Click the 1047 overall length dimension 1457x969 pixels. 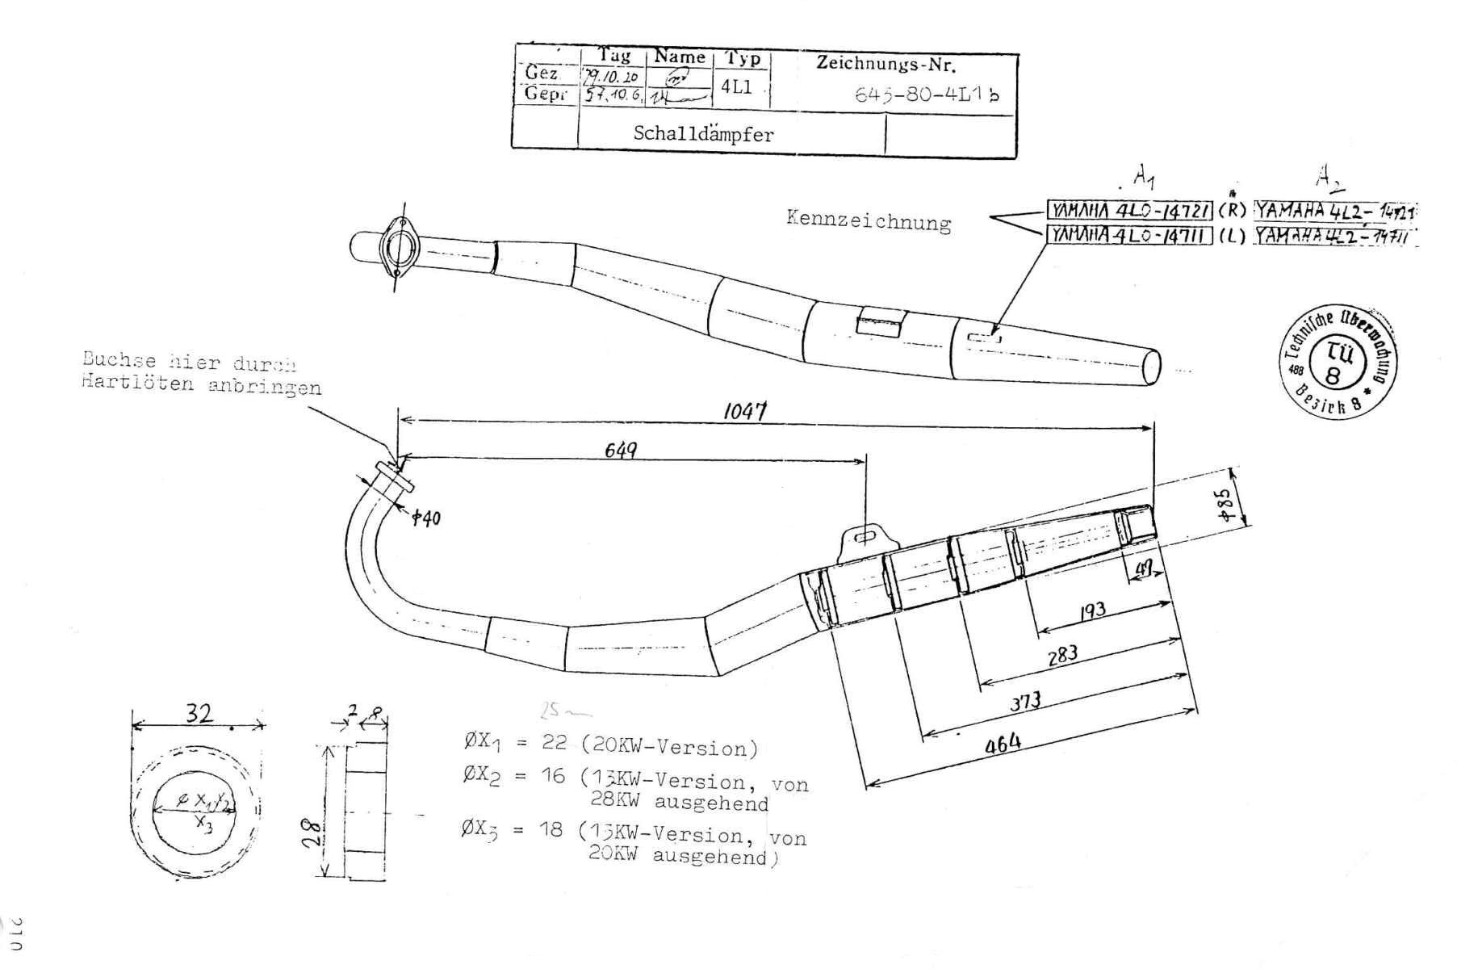[x=743, y=411]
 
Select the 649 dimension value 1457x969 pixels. [x=620, y=449]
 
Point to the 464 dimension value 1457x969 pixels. [x=1003, y=743]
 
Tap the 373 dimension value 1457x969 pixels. [x=1026, y=700]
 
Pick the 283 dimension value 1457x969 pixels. [x=1062, y=654]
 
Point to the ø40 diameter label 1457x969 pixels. [x=425, y=518]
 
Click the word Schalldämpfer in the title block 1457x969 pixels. [x=702, y=133]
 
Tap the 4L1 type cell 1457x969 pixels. [x=737, y=87]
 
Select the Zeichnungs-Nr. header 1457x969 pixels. [x=886, y=64]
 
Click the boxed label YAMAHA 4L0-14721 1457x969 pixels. [x=1129, y=211]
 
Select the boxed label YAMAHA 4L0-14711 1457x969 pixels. [x=1129, y=235]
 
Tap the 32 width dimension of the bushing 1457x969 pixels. [x=199, y=714]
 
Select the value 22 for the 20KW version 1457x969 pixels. [x=554, y=742]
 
